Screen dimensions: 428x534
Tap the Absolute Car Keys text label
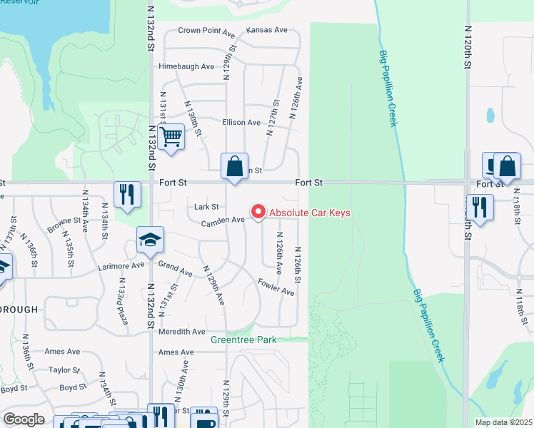309,213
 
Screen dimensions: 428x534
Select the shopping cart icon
171,136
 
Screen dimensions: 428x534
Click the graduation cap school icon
151,240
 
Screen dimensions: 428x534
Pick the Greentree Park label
243,340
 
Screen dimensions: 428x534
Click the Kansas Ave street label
266,31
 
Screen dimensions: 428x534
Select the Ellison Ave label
241,123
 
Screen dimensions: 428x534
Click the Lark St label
206,207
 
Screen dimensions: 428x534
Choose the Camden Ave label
223,220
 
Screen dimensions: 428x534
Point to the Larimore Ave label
121,266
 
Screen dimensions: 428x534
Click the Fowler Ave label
276,287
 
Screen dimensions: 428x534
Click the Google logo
24,419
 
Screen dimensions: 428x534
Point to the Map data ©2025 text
503,422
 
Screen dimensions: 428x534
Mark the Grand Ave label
176,270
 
